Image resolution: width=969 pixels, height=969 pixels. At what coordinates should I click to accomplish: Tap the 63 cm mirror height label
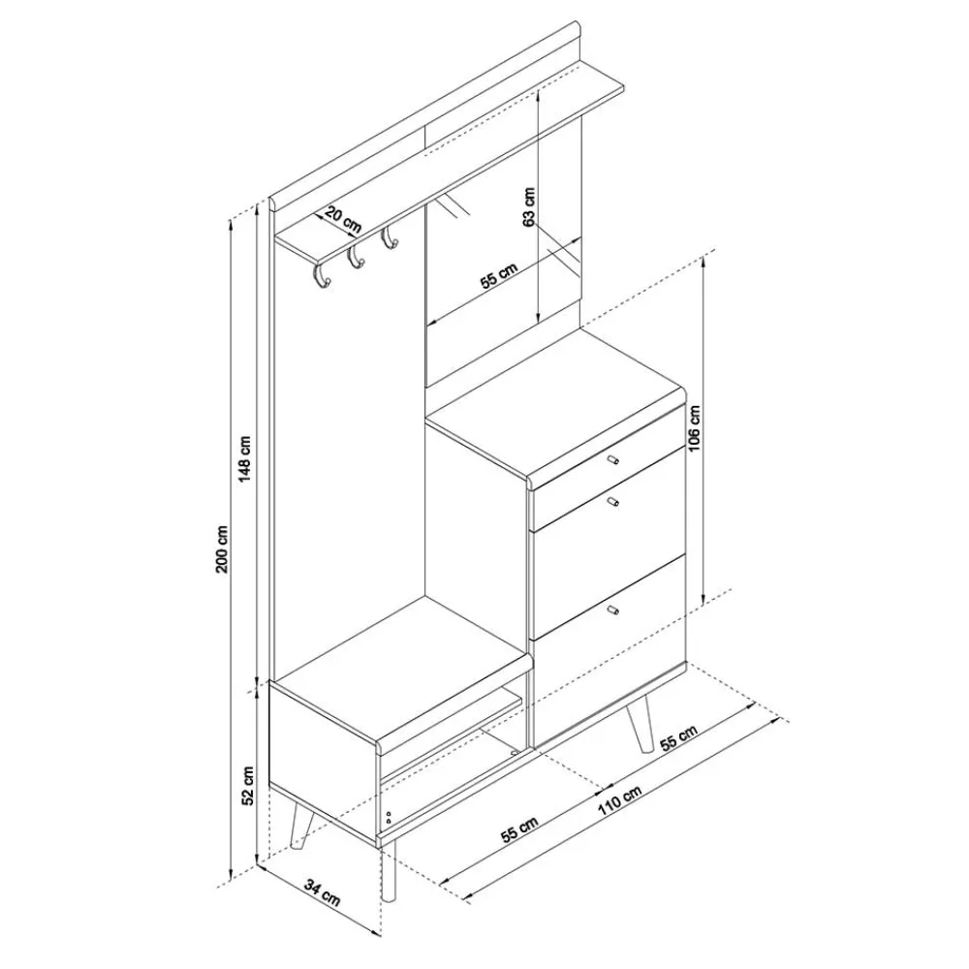click(529, 206)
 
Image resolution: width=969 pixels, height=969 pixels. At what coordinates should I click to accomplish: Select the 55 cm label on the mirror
click(501, 279)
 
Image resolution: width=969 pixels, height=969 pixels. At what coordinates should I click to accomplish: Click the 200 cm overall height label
click(222, 549)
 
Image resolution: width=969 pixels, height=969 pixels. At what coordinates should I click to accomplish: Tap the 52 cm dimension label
click(248, 785)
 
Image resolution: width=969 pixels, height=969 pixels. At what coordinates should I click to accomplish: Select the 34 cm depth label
click(324, 890)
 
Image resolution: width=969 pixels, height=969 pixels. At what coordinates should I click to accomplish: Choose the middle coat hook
click(356, 255)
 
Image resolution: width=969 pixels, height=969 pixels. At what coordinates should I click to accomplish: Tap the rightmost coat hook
click(390, 236)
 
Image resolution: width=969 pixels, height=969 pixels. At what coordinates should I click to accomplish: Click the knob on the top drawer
click(611, 459)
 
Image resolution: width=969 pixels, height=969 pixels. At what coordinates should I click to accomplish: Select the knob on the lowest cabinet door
click(615, 610)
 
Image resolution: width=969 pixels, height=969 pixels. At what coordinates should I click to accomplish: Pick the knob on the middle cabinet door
click(614, 501)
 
